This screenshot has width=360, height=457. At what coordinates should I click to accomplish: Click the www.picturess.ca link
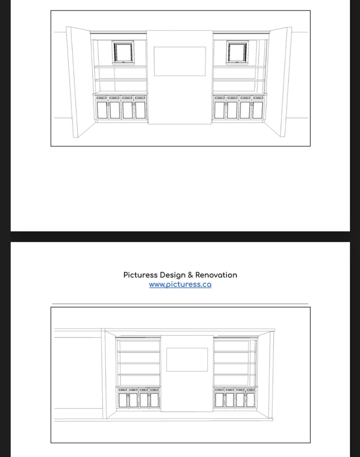[180, 285]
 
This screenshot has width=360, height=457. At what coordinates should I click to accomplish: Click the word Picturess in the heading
[140, 275]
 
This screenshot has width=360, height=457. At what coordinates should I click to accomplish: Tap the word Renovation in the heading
[216, 275]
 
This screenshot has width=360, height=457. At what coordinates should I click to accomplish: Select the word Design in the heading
[172, 276]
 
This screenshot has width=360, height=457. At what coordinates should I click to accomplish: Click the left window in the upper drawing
[123, 52]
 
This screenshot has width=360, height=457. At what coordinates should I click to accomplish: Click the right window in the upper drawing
[237, 52]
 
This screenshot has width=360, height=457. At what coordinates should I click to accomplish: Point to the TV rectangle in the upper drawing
[180, 61]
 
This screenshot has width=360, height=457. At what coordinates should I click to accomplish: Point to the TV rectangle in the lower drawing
[187, 360]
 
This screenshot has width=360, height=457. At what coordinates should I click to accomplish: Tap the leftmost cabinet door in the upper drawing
[102, 110]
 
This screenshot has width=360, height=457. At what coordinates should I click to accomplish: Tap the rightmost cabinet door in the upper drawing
[258, 110]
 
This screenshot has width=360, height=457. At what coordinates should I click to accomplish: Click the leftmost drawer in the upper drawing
[102, 98]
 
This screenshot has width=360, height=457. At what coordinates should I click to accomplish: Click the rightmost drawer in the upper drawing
[258, 98]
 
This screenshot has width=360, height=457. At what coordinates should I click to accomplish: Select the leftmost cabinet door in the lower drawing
[123, 400]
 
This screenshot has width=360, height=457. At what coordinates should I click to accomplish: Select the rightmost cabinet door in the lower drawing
[250, 400]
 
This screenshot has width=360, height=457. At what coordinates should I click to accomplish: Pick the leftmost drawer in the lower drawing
[123, 390]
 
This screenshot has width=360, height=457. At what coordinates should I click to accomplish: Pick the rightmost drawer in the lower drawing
[251, 390]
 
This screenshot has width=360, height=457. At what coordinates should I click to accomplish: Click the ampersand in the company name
[190, 275]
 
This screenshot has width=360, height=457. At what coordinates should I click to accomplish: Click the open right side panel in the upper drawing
[280, 82]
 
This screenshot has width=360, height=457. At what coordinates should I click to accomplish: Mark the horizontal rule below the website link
[180, 304]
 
